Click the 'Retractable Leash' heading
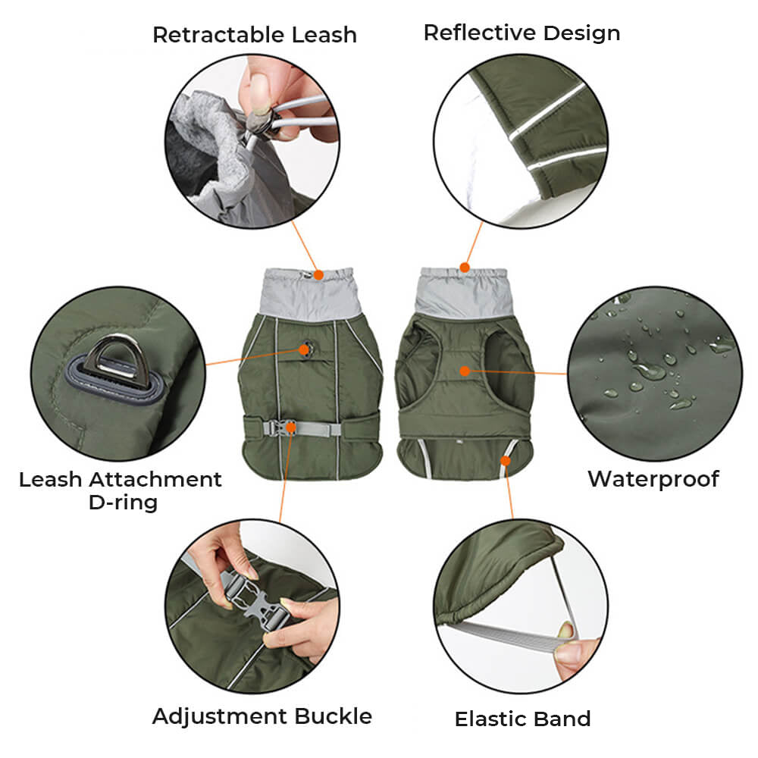(x=254, y=35)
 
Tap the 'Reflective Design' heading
(x=522, y=33)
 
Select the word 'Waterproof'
(x=653, y=479)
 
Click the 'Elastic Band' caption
(x=522, y=719)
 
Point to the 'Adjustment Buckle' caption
(x=262, y=716)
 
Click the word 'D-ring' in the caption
(x=122, y=502)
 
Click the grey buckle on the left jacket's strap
(x=288, y=428)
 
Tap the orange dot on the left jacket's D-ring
(x=305, y=349)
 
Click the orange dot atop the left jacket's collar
(x=318, y=274)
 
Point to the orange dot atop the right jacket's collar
(x=464, y=267)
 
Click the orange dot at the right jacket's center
(x=465, y=371)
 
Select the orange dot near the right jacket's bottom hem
(x=506, y=459)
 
